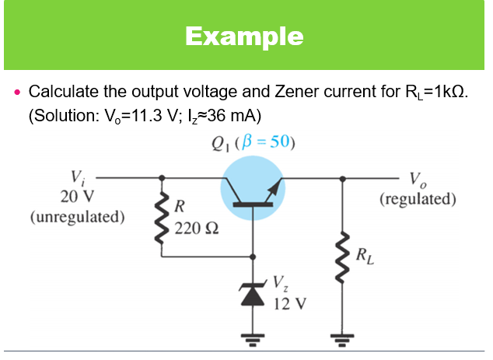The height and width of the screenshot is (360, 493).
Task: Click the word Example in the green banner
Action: click(x=245, y=36)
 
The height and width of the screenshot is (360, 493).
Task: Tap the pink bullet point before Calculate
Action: click(x=17, y=93)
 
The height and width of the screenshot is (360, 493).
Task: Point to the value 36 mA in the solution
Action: click(x=233, y=115)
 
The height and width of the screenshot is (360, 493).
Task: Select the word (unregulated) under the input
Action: click(x=76, y=215)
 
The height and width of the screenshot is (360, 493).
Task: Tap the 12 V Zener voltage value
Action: click(x=288, y=302)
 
